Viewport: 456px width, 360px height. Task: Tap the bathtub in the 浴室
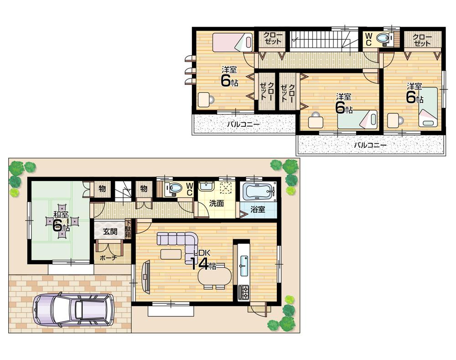click(259, 192)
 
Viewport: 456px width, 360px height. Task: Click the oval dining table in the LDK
click(215, 276)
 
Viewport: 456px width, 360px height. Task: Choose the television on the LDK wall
click(146, 276)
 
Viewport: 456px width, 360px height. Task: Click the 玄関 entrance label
click(109, 232)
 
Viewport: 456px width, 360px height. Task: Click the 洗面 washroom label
click(217, 203)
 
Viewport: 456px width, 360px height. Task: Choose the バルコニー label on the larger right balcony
click(370, 145)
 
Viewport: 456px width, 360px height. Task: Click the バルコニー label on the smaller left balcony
click(244, 124)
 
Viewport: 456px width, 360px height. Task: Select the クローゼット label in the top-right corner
click(422, 40)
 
